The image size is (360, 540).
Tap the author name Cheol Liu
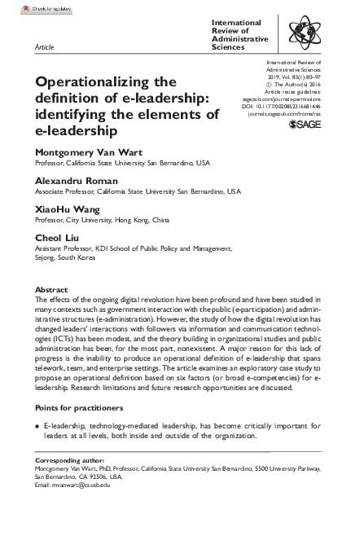[58, 236]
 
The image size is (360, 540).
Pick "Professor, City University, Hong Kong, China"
[103, 218]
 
